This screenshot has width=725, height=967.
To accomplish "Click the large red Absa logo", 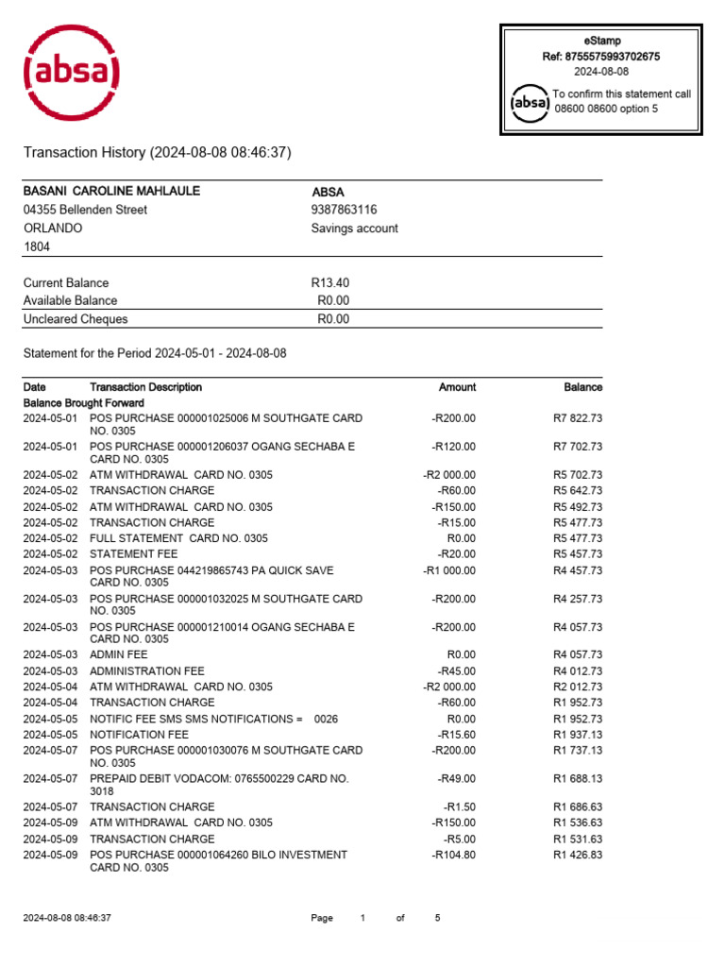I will click(71, 72).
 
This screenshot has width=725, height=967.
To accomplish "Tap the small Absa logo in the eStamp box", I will click(529, 102).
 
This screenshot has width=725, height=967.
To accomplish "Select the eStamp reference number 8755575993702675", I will click(600, 57).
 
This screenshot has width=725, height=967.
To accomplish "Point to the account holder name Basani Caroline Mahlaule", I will click(111, 191).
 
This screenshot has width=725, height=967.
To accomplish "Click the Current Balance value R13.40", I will click(329, 282).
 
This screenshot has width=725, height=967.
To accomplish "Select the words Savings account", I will click(354, 229).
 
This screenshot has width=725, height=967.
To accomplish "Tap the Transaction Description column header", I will click(145, 387).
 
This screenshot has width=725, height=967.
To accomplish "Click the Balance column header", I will click(582, 387).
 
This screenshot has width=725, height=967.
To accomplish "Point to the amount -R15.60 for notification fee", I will click(457, 734).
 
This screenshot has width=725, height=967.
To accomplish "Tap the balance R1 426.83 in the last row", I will click(577, 855).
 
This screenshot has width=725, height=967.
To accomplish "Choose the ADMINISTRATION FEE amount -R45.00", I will click(457, 670).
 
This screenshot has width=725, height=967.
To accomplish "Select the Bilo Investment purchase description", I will click(218, 861).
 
